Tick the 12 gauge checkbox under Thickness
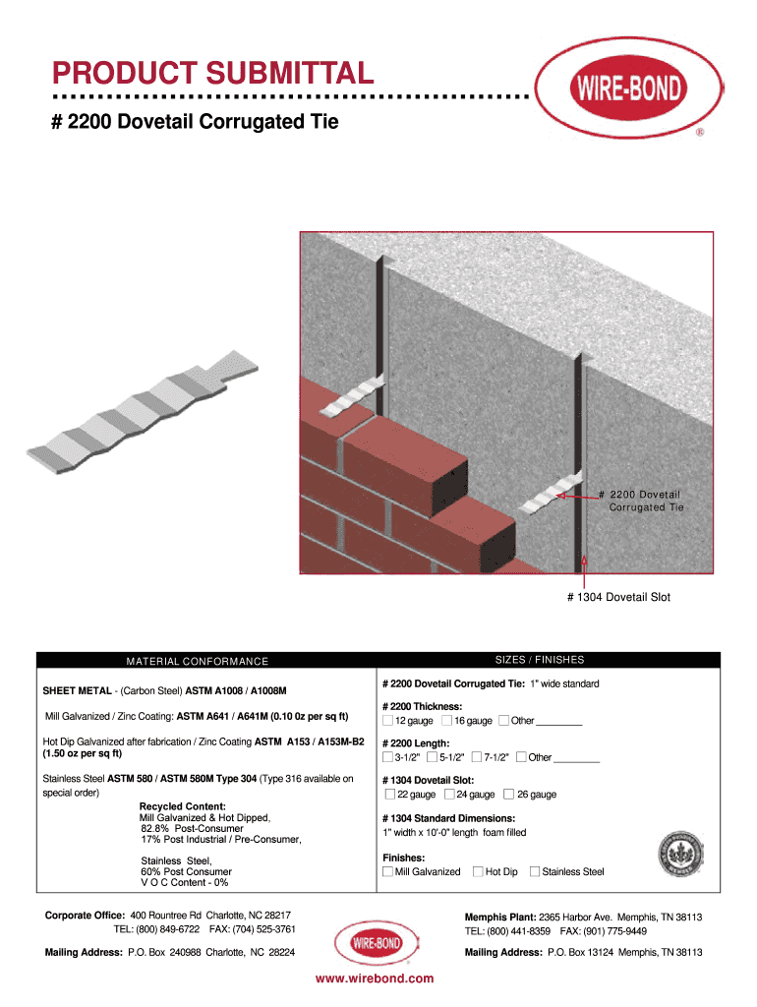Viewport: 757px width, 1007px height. click(387, 721)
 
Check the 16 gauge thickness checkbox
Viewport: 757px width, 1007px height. click(447, 721)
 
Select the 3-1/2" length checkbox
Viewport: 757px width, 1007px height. click(387, 757)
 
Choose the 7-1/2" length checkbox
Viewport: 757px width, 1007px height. click(477, 757)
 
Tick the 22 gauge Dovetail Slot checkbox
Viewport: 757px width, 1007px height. click(390, 794)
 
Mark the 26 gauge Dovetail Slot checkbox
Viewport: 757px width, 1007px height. click(508, 794)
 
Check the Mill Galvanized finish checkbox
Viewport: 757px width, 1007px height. click(387, 871)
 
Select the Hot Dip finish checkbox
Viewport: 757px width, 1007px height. click(478, 871)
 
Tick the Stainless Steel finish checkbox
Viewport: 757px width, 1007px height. click(535, 871)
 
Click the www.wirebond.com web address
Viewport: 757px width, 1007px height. click(375, 978)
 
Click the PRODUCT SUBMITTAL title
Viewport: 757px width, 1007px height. click(212, 73)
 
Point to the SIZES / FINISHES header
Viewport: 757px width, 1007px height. click(540, 660)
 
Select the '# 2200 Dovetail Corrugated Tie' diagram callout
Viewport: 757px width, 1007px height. click(645, 501)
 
